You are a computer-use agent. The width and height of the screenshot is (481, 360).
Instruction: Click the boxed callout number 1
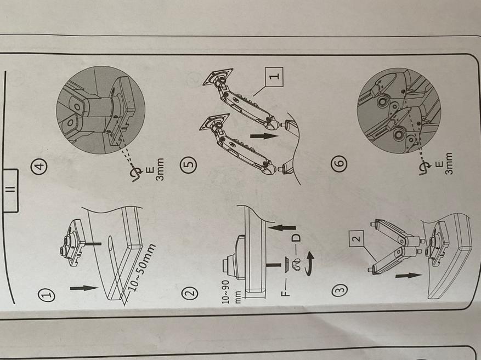pos(273,77)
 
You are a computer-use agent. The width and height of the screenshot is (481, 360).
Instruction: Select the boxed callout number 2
pos(356,238)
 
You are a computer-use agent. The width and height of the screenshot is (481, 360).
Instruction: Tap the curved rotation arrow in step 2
pos(310,264)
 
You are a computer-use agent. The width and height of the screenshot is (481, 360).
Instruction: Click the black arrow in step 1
pos(84,288)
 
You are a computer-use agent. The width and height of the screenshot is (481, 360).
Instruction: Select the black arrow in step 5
pos(264,136)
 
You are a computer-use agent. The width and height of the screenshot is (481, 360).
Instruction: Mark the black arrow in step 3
pos(409,276)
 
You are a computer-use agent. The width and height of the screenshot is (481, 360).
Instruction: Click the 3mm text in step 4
pos(160,169)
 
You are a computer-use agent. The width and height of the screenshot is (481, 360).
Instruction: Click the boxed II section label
pos(12,191)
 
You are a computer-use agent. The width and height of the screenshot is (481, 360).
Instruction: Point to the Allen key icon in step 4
pos(137,175)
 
